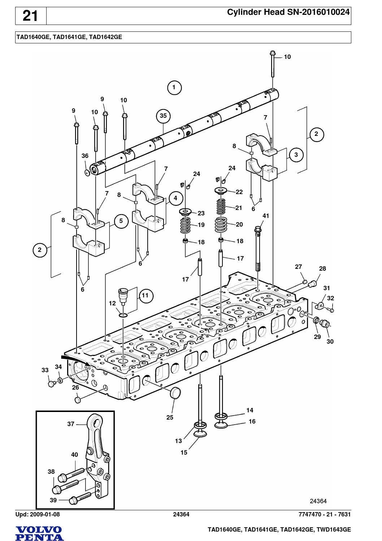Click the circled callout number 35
tap(163, 116)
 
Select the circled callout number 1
tap(174, 87)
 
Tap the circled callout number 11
tap(145, 295)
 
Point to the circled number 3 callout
tap(296, 155)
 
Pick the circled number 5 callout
tap(121, 221)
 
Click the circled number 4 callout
tap(175, 198)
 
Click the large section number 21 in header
tap(30, 16)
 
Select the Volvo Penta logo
tap(40, 533)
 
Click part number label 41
tap(265, 216)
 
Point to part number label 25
tap(170, 417)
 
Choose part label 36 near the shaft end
tap(85, 156)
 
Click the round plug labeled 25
tap(175, 392)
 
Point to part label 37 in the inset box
tap(71, 424)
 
